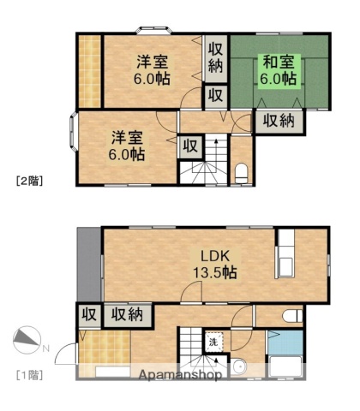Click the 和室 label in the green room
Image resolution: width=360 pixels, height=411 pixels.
(x=279, y=61)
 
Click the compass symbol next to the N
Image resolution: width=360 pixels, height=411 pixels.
(x=27, y=342)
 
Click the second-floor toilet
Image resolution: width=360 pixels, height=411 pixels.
(x=241, y=171)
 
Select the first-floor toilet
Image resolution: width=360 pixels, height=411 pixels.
(x=292, y=314)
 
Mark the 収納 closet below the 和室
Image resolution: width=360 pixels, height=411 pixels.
(x=279, y=121)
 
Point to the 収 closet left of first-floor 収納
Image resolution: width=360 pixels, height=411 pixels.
(x=87, y=314)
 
